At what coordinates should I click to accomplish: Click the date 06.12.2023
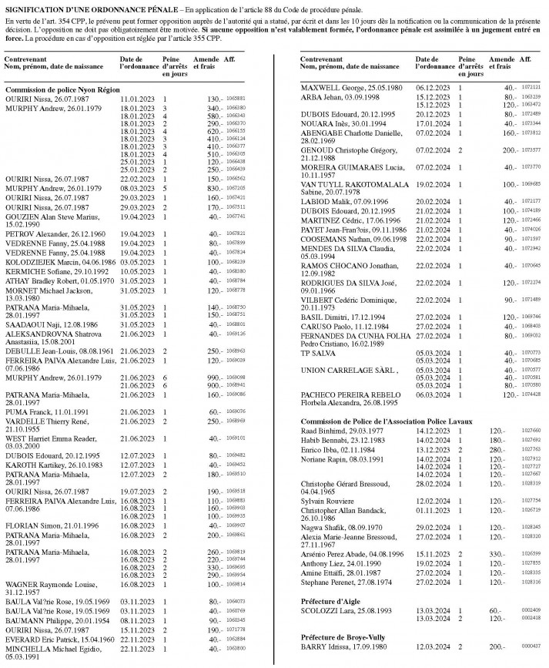[431, 87]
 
